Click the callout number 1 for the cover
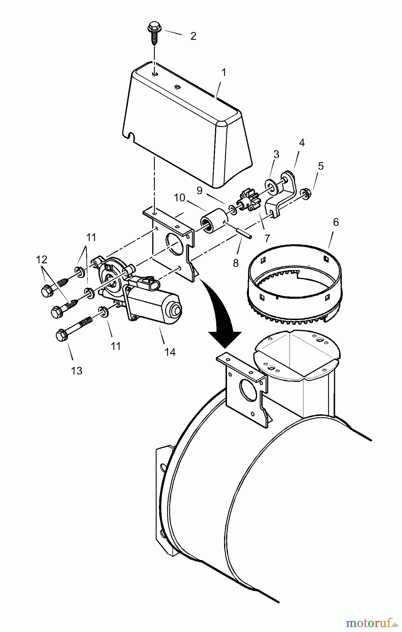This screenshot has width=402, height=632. (x=224, y=73)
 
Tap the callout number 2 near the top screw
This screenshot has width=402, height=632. (x=193, y=36)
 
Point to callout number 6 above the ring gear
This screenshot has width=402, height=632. (x=336, y=223)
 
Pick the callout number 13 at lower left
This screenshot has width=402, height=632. (x=76, y=370)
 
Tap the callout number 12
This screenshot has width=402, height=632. (x=41, y=260)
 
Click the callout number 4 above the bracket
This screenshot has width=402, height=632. (x=302, y=143)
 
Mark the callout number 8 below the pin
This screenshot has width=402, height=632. (x=236, y=262)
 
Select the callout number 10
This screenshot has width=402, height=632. (x=179, y=198)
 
